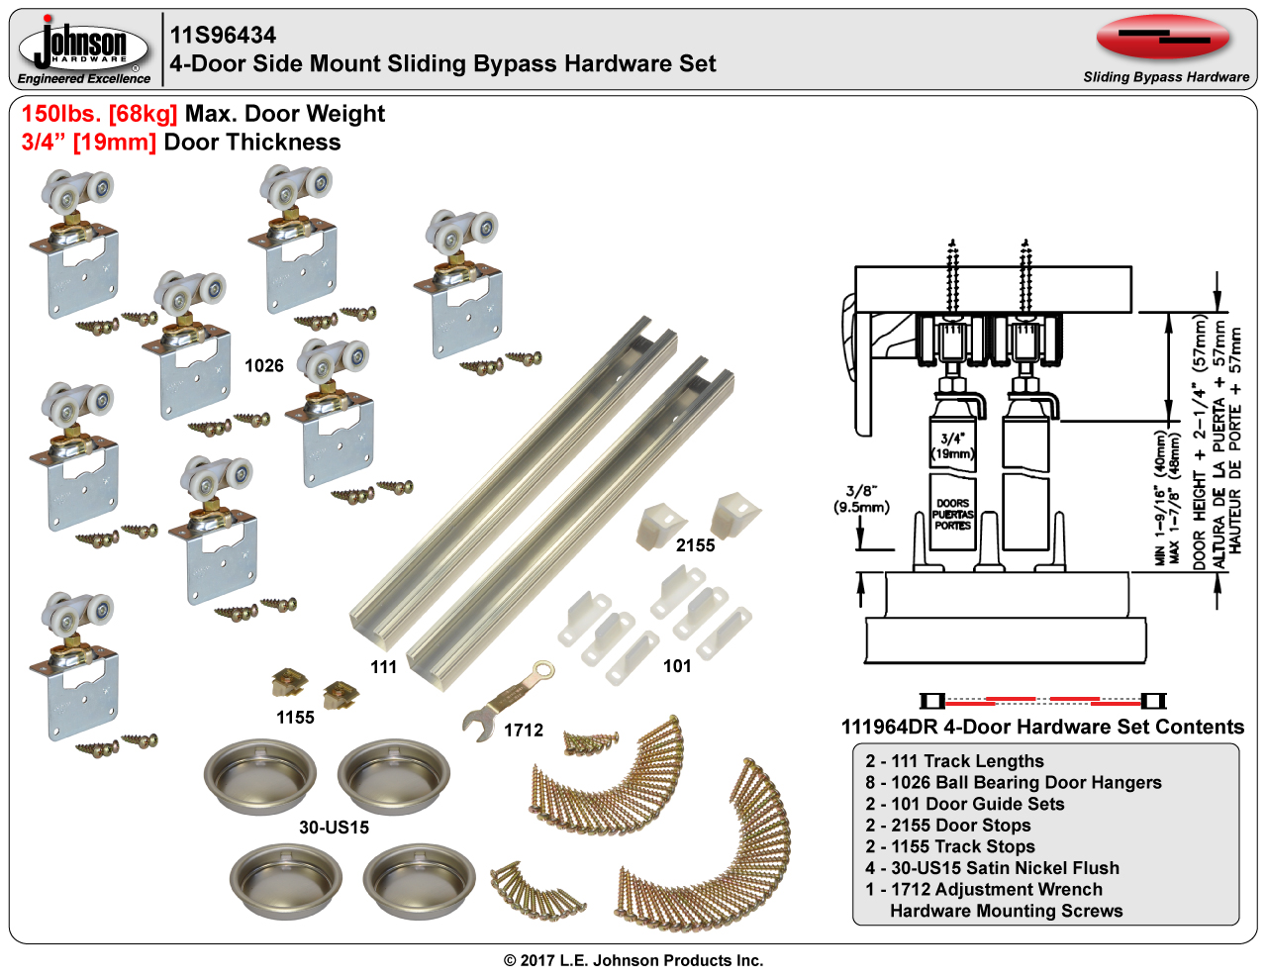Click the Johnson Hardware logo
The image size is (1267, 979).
click(x=84, y=46)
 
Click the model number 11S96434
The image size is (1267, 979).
click(x=223, y=36)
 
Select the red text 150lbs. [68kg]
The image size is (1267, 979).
click(x=99, y=114)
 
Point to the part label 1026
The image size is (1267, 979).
click(x=264, y=366)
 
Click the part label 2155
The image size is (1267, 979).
click(x=695, y=545)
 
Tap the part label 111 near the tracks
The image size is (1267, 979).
click(x=383, y=667)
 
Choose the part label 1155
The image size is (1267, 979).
click(x=295, y=718)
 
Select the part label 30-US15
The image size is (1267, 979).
click(x=334, y=828)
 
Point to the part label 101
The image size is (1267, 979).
click(x=677, y=666)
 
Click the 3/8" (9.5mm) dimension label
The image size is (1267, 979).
click(x=861, y=499)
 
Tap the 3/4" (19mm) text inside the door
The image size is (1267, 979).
click(x=952, y=445)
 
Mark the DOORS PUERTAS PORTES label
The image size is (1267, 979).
click(x=952, y=515)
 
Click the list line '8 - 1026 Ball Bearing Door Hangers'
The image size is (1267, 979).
click(x=1014, y=782)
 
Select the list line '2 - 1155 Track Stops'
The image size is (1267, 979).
click(x=950, y=846)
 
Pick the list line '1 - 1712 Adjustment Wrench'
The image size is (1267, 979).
click(x=984, y=889)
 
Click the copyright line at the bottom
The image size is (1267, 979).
click(x=633, y=960)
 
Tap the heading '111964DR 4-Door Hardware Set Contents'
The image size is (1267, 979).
click(x=1042, y=728)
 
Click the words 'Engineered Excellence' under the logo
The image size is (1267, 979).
click(x=84, y=79)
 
